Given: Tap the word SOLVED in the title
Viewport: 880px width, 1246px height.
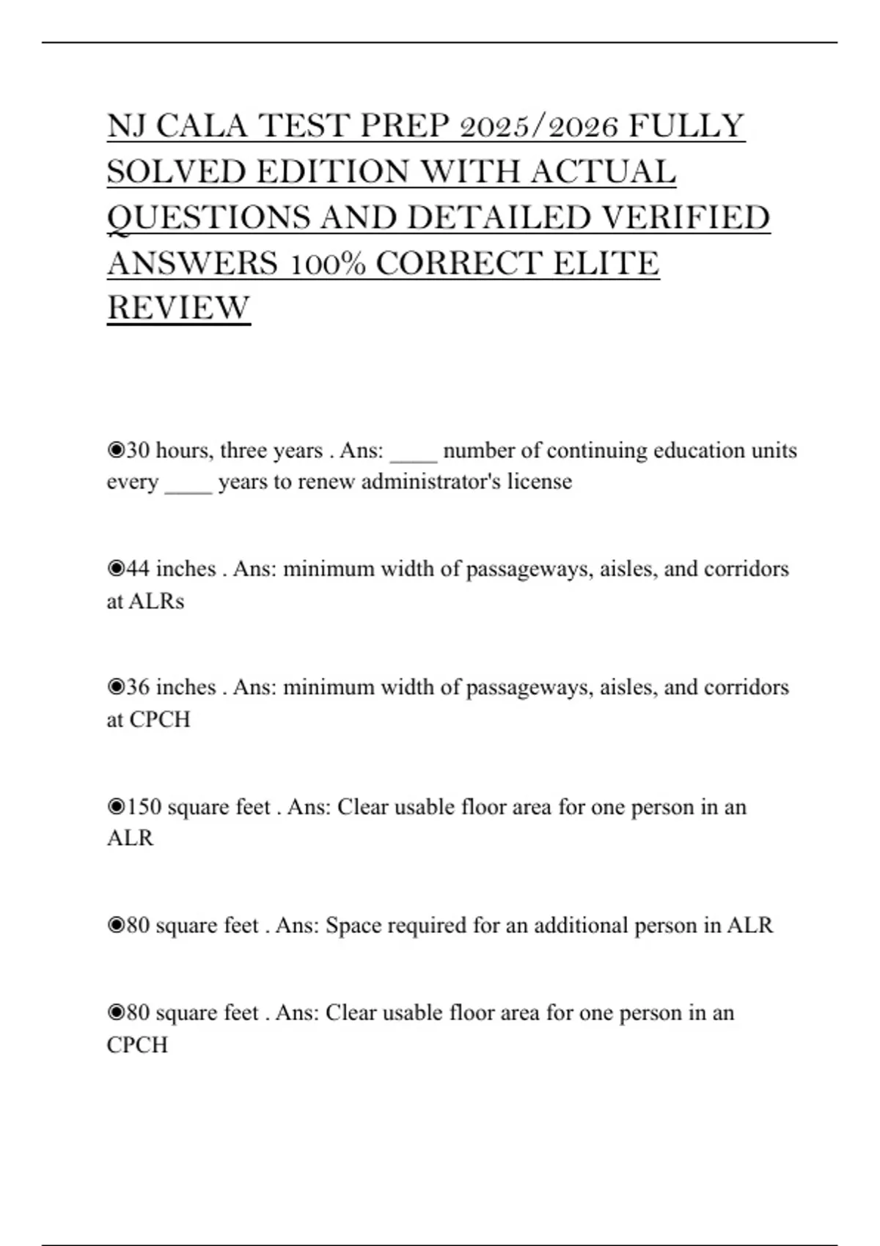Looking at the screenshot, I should click(x=176, y=172).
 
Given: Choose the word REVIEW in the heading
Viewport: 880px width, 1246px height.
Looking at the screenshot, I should click(x=178, y=308).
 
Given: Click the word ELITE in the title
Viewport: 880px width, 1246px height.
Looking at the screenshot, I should click(x=606, y=264).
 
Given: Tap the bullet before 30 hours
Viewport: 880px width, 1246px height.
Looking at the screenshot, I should click(x=116, y=450).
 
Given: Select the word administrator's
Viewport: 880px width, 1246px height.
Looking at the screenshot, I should click(x=431, y=482).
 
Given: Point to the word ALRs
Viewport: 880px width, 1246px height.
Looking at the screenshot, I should click(x=156, y=601).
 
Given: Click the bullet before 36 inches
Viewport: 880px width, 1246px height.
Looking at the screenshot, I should click(x=116, y=687).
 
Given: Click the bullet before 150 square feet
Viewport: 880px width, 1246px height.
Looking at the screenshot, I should click(x=116, y=807).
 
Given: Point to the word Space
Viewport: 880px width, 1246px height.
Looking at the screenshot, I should click(x=353, y=925).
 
